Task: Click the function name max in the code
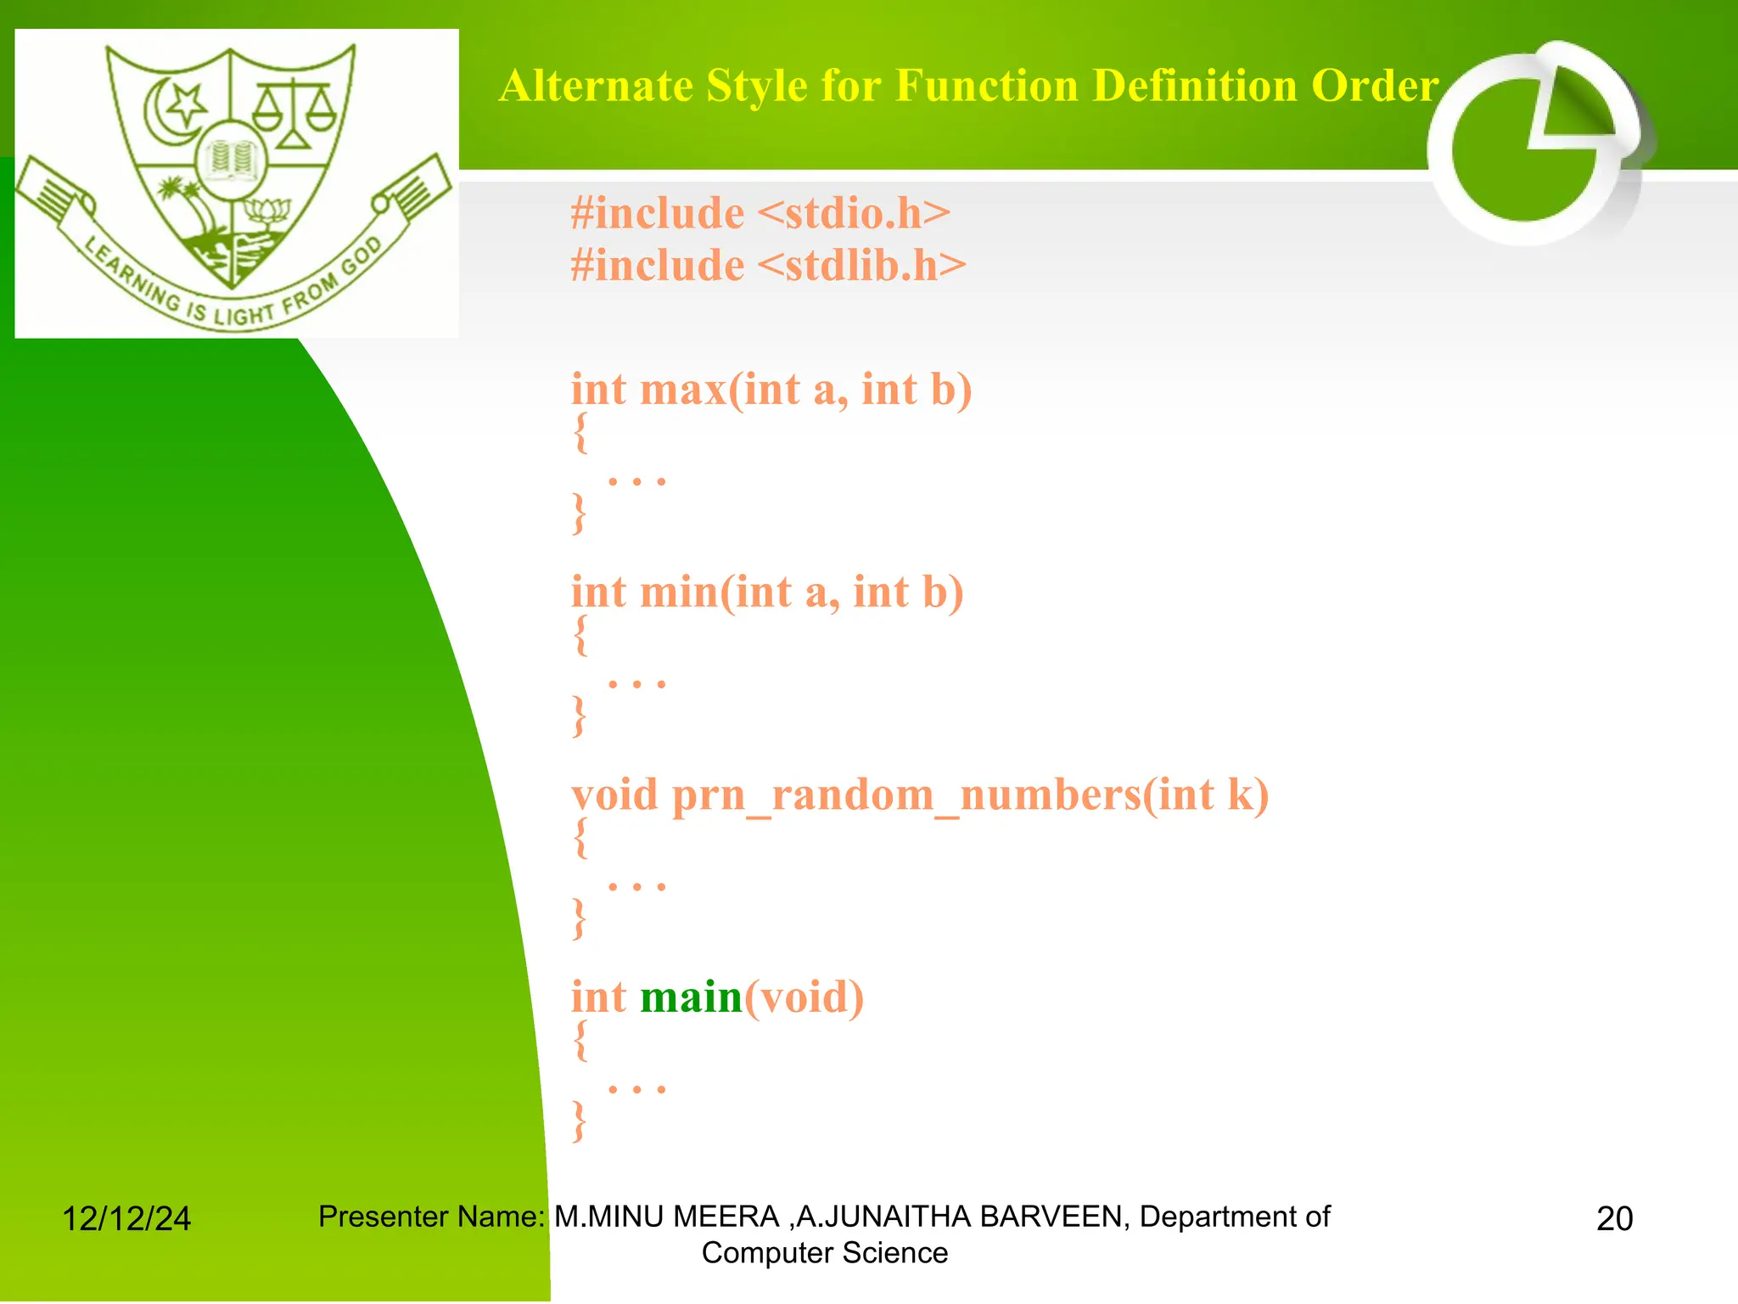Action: (684, 390)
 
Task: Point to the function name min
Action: (680, 592)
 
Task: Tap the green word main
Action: (691, 997)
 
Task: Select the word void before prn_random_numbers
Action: (614, 795)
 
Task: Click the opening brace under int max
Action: (580, 433)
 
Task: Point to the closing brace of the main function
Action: (580, 1121)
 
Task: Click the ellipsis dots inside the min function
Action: (636, 683)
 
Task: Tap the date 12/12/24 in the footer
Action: (126, 1219)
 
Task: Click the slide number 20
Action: (1614, 1219)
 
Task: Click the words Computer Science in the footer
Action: (824, 1253)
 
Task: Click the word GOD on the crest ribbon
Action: (362, 256)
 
